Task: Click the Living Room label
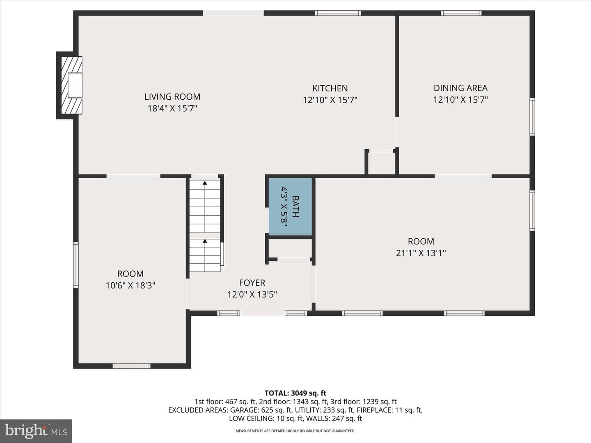[x=172, y=96]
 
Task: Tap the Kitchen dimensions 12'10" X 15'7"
[x=330, y=100]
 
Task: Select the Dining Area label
[x=460, y=88]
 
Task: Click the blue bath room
[x=290, y=206]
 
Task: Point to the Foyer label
[x=252, y=283]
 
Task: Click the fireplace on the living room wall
[x=71, y=85]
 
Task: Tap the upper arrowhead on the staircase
[x=205, y=183]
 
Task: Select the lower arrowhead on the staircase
[x=205, y=241]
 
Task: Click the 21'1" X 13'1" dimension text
[x=421, y=253]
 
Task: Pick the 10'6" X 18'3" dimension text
[x=131, y=285]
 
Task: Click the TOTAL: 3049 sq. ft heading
[x=295, y=393]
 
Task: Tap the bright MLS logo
[x=36, y=431]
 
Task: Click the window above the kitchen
[x=338, y=13]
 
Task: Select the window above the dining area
[x=461, y=13]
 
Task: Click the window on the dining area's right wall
[x=532, y=117]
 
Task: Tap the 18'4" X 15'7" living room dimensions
[x=172, y=108]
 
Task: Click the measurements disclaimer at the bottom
[x=295, y=431]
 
